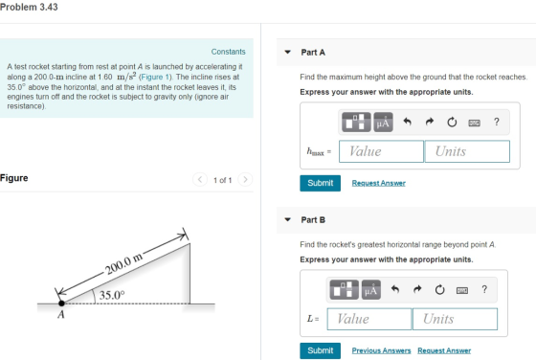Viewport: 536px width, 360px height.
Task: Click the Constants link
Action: click(x=228, y=52)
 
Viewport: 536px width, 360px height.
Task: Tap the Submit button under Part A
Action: click(x=320, y=183)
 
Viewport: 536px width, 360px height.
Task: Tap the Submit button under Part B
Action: click(x=320, y=350)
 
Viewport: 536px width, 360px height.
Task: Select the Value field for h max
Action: click(x=381, y=151)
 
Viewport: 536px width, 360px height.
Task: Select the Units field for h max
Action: click(x=467, y=151)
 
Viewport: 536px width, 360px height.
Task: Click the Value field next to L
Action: click(x=369, y=319)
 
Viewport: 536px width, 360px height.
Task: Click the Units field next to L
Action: click(x=455, y=319)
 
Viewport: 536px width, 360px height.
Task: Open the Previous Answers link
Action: click(x=382, y=350)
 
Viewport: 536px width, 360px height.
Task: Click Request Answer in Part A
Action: click(x=379, y=183)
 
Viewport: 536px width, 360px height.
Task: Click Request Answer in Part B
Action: click(x=444, y=350)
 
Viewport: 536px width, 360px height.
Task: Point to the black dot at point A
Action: click(x=61, y=303)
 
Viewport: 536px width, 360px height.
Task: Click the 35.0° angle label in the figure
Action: click(x=112, y=295)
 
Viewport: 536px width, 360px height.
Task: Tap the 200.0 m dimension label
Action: click(x=124, y=263)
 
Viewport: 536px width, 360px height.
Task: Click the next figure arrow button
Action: click(x=245, y=179)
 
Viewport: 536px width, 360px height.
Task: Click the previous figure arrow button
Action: click(x=200, y=179)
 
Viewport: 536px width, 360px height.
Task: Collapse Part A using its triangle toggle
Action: click(x=288, y=53)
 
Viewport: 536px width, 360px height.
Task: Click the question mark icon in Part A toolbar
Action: click(x=497, y=122)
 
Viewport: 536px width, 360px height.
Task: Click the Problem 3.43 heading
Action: click(x=29, y=7)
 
